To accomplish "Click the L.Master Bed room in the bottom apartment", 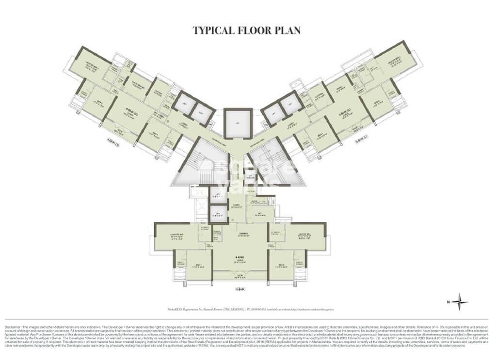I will (x=175, y=236).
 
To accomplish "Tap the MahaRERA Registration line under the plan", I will (x=247, y=308).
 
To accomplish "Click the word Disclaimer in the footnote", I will (x=15, y=321).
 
